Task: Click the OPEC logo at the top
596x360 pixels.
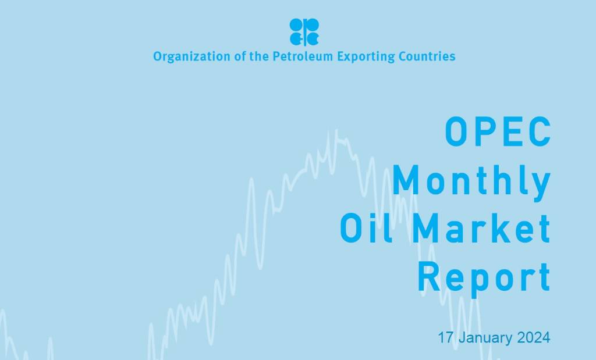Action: click(304, 31)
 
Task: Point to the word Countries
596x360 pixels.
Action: click(427, 57)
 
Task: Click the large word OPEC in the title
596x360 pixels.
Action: click(498, 133)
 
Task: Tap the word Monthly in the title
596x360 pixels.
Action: click(471, 181)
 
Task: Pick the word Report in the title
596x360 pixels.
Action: click(484, 277)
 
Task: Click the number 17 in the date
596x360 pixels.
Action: click(446, 337)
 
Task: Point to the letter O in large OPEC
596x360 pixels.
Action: click(457, 133)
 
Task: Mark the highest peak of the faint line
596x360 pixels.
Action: click(336, 131)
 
